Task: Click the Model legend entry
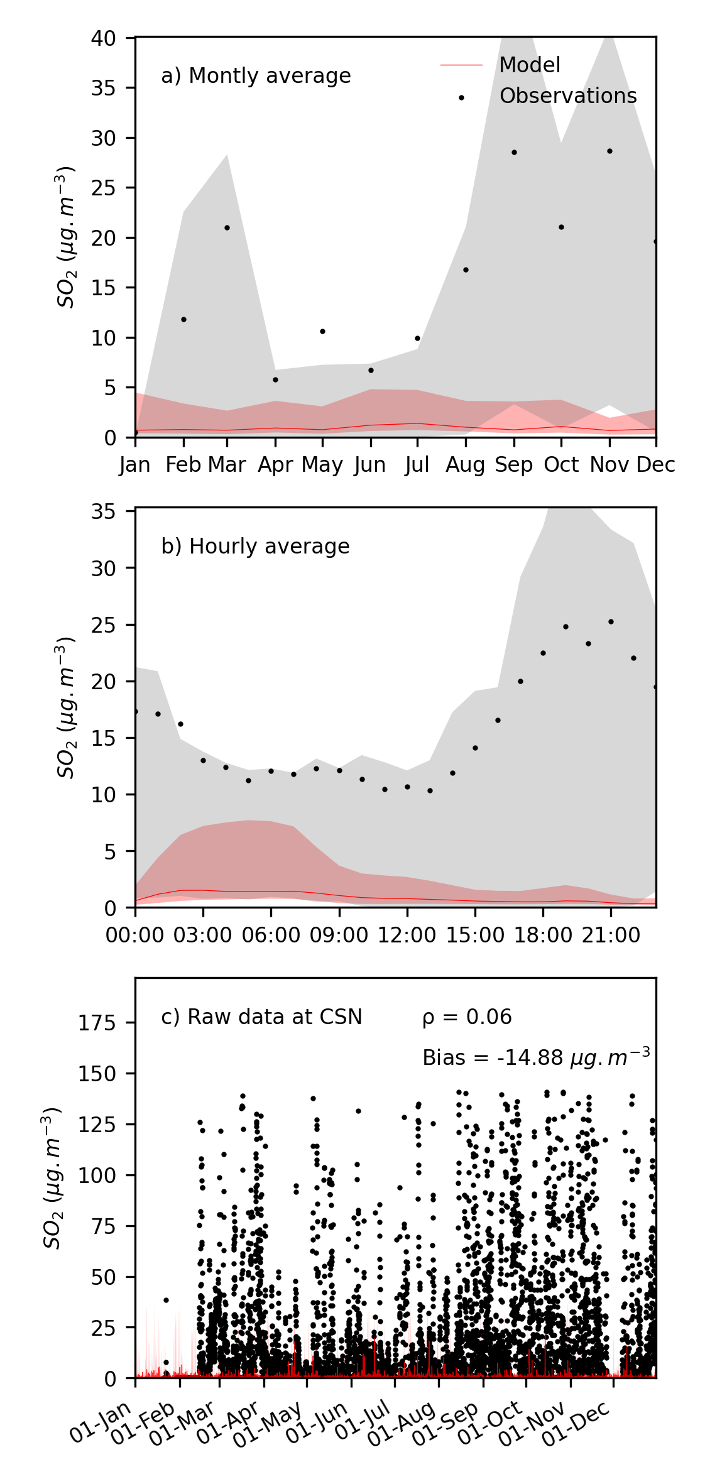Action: [x=529, y=65]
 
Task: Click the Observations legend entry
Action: [x=567, y=95]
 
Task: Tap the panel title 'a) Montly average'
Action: [x=256, y=76]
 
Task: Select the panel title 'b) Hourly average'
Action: [x=255, y=547]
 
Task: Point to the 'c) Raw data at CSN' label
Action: [x=261, y=1017]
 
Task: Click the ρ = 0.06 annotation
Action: [x=467, y=1017]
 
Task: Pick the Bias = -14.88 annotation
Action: [x=535, y=1058]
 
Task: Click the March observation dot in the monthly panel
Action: [x=227, y=227]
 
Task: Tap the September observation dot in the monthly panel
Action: [x=514, y=153]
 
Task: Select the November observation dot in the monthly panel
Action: [x=609, y=151]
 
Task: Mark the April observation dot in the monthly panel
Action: [x=275, y=380]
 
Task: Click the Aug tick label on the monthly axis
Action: [x=465, y=466]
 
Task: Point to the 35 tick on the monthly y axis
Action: [x=104, y=88]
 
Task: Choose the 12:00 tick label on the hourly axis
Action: [x=407, y=936]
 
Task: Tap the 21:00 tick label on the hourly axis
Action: [x=611, y=936]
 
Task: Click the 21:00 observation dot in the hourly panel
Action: [x=611, y=622]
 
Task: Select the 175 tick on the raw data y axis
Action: [x=97, y=1024]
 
